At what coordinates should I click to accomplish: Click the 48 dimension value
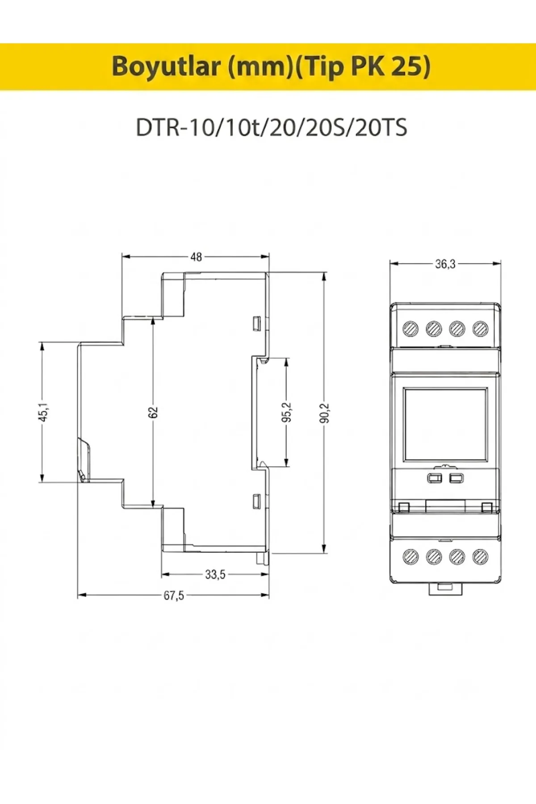[x=196, y=257]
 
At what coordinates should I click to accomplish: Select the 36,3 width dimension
[x=445, y=264]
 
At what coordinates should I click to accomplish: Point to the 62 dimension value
[x=153, y=412]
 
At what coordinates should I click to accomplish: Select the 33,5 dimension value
[x=215, y=574]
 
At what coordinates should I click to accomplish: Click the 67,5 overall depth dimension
[x=174, y=595]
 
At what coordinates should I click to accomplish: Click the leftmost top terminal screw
[x=410, y=329]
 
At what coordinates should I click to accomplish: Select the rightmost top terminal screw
[x=480, y=329]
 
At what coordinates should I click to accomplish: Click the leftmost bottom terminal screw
[x=410, y=556]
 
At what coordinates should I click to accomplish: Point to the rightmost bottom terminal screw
[x=480, y=556]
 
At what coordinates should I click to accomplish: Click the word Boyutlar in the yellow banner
[x=166, y=67]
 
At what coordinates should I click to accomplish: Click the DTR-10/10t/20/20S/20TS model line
[x=272, y=128]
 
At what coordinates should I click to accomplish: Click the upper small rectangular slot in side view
[x=256, y=322]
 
